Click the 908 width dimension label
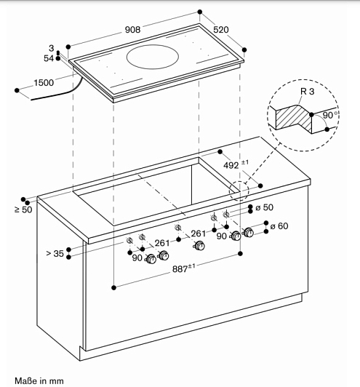(132, 30)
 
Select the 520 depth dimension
(221, 30)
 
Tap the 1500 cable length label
(44, 83)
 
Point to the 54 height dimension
(49, 58)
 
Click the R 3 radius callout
(307, 92)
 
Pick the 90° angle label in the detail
(330, 115)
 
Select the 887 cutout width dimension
(183, 268)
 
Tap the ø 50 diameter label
(265, 207)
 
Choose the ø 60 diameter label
(279, 226)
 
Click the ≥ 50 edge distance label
(23, 210)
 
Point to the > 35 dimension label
(55, 253)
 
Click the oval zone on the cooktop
(153, 57)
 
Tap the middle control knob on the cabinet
(199, 246)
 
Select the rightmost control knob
(248, 233)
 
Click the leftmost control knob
(151, 259)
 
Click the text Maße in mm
(39, 381)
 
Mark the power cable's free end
(31, 100)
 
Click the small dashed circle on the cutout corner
(239, 191)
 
